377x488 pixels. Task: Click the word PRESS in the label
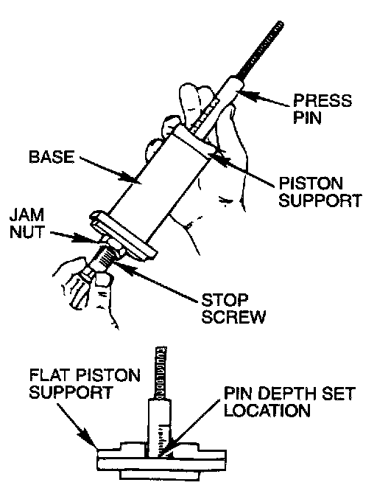click(x=323, y=100)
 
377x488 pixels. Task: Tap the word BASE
click(x=52, y=157)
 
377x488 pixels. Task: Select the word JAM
click(x=27, y=215)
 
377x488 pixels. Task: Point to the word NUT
click(x=27, y=232)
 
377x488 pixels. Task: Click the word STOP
click(x=225, y=300)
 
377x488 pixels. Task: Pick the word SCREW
click(x=233, y=317)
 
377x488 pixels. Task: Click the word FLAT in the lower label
click(x=50, y=375)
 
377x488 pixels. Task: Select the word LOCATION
click(x=267, y=411)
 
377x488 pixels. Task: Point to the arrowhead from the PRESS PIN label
click(x=245, y=94)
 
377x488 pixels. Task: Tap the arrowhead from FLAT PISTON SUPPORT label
click(x=90, y=439)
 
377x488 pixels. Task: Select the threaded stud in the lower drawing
click(x=161, y=373)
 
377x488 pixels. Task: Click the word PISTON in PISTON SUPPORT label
click(x=311, y=184)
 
